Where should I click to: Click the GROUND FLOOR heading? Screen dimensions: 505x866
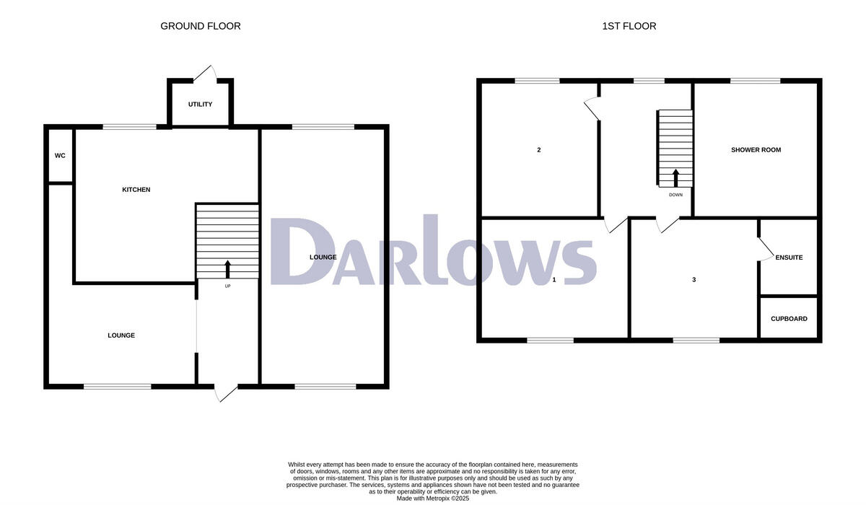pos(200,26)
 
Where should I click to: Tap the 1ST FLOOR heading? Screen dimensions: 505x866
pos(629,26)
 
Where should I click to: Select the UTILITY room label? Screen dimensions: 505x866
pos(200,105)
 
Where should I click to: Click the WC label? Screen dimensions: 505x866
pos(60,155)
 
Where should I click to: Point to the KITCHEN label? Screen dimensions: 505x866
pos(136,190)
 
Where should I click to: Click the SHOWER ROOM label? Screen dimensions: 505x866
pos(756,150)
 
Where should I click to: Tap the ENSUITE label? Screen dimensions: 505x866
pos(789,258)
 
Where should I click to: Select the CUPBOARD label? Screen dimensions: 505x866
pos(789,319)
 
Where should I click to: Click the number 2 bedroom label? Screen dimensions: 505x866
pos(539,150)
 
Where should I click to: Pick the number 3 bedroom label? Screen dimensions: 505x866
pos(694,279)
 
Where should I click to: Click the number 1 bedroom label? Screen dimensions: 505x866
pos(554,279)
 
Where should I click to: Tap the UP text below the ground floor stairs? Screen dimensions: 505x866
pos(228,286)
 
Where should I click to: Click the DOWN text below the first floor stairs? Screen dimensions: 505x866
pos(675,195)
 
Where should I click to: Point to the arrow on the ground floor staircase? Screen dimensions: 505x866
pos(228,268)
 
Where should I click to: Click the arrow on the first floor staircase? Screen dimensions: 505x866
pos(675,177)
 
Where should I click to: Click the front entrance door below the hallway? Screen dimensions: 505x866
pos(226,393)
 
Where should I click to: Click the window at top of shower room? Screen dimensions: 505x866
pos(755,81)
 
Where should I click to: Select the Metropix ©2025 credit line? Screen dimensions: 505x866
pos(433,498)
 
